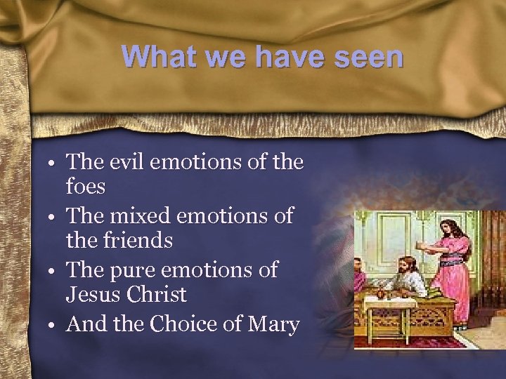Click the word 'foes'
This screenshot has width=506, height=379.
pyautogui.click(x=86, y=187)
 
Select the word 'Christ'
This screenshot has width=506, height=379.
pyautogui.click(x=157, y=295)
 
